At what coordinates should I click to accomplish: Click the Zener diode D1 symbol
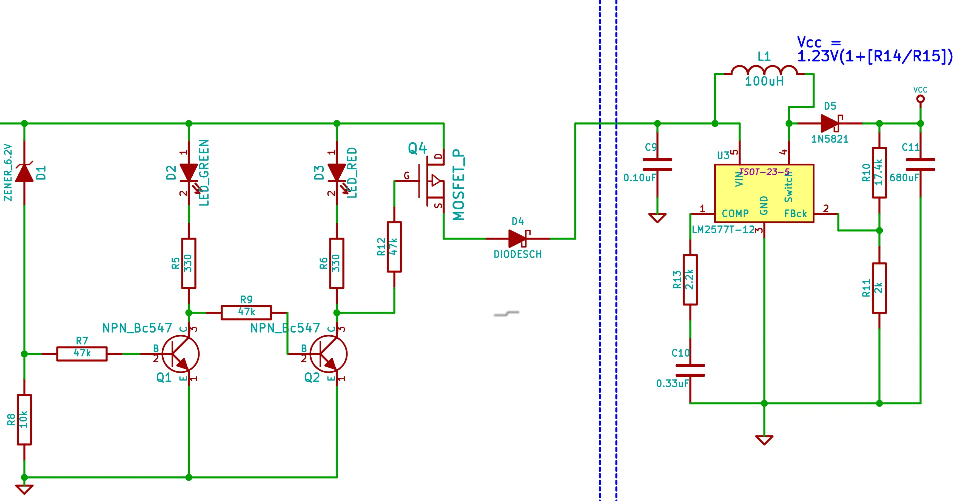coord(24,173)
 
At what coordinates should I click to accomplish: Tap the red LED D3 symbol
coord(337,173)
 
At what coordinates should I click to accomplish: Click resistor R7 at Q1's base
coord(82,354)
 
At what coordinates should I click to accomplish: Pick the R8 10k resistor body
coord(24,420)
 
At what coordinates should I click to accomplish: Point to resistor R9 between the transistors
coord(246,313)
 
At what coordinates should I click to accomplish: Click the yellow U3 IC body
coord(764,193)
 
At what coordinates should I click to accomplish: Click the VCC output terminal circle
coord(920,98)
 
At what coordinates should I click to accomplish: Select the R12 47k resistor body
coord(394,247)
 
